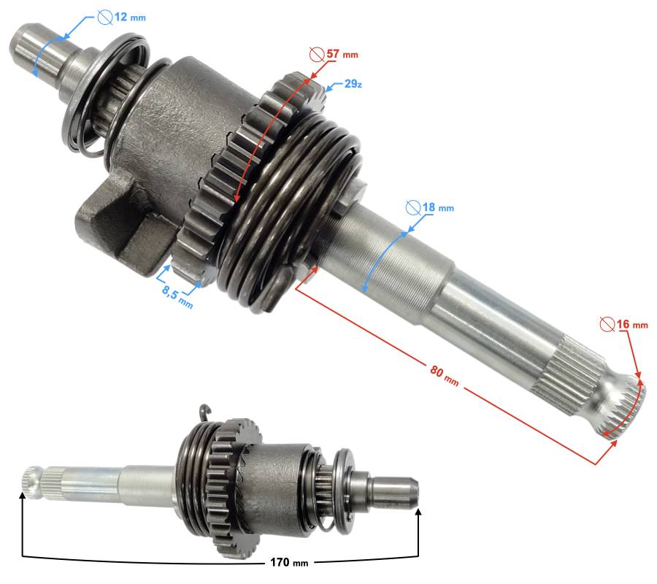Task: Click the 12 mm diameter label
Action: pos(130,18)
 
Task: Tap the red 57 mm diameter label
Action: pos(342,54)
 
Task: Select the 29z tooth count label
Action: pos(353,84)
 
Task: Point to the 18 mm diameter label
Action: pos(438,207)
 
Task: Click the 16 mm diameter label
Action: pos(632,324)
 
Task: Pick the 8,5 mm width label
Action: pos(177,296)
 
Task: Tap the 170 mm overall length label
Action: pos(289,562)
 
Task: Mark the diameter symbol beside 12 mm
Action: pos(104,18)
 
